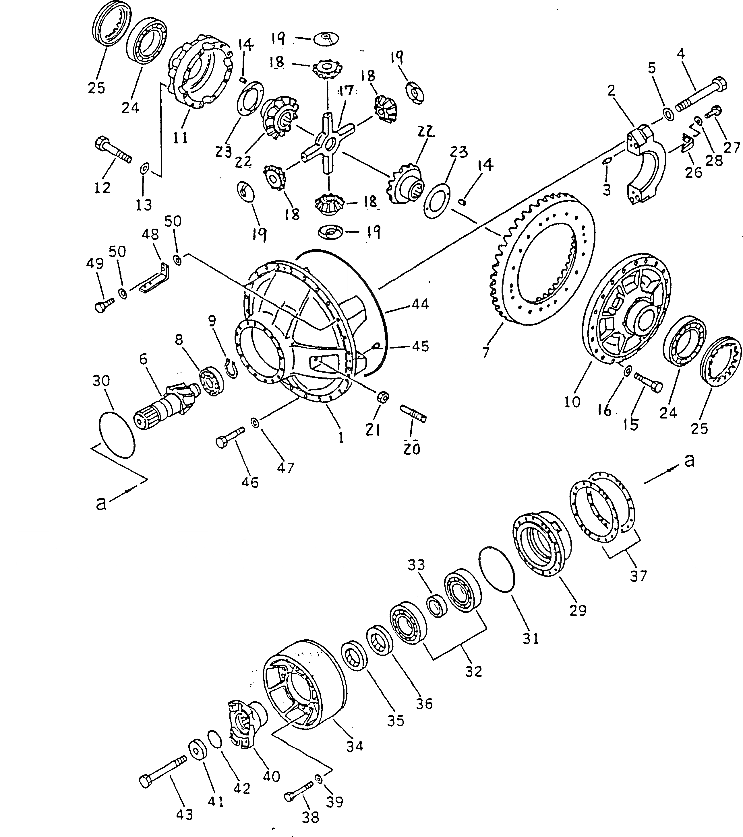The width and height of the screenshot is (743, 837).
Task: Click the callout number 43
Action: pyautogui.click(x=184, y=803)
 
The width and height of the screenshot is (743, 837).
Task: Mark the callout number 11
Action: pyautogui.click(x=180, y=138)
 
